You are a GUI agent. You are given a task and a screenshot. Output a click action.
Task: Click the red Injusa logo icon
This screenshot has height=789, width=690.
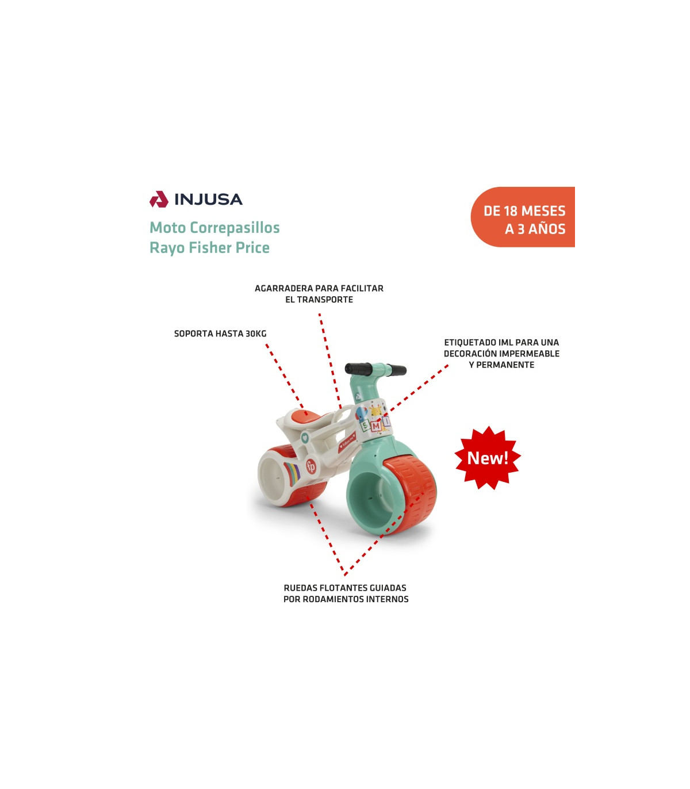[159, 199]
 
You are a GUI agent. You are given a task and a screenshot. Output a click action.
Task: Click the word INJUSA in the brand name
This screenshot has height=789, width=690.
[208, 200]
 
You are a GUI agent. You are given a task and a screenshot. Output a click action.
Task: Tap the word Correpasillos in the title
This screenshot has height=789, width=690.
[235, 228]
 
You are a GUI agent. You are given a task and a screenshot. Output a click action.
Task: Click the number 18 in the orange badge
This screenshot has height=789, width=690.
[511, 211]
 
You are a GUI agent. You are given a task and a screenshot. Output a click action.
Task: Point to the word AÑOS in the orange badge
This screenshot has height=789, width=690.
[547, 229]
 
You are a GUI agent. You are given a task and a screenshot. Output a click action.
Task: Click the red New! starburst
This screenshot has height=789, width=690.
[488, 458]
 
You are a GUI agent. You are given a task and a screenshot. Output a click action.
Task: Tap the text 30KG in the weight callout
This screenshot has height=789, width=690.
[256, 334]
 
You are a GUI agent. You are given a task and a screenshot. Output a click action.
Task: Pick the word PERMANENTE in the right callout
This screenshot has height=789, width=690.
[505, 365]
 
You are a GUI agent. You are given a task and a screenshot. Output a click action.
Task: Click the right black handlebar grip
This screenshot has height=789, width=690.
[396, 371]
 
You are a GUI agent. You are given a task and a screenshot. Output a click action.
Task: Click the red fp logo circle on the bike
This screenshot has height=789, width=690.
[310, 466]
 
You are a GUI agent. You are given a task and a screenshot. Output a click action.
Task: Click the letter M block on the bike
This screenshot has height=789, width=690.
[375, 426]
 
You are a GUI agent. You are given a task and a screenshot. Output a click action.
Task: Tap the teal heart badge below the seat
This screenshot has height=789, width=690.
[305, 438]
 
